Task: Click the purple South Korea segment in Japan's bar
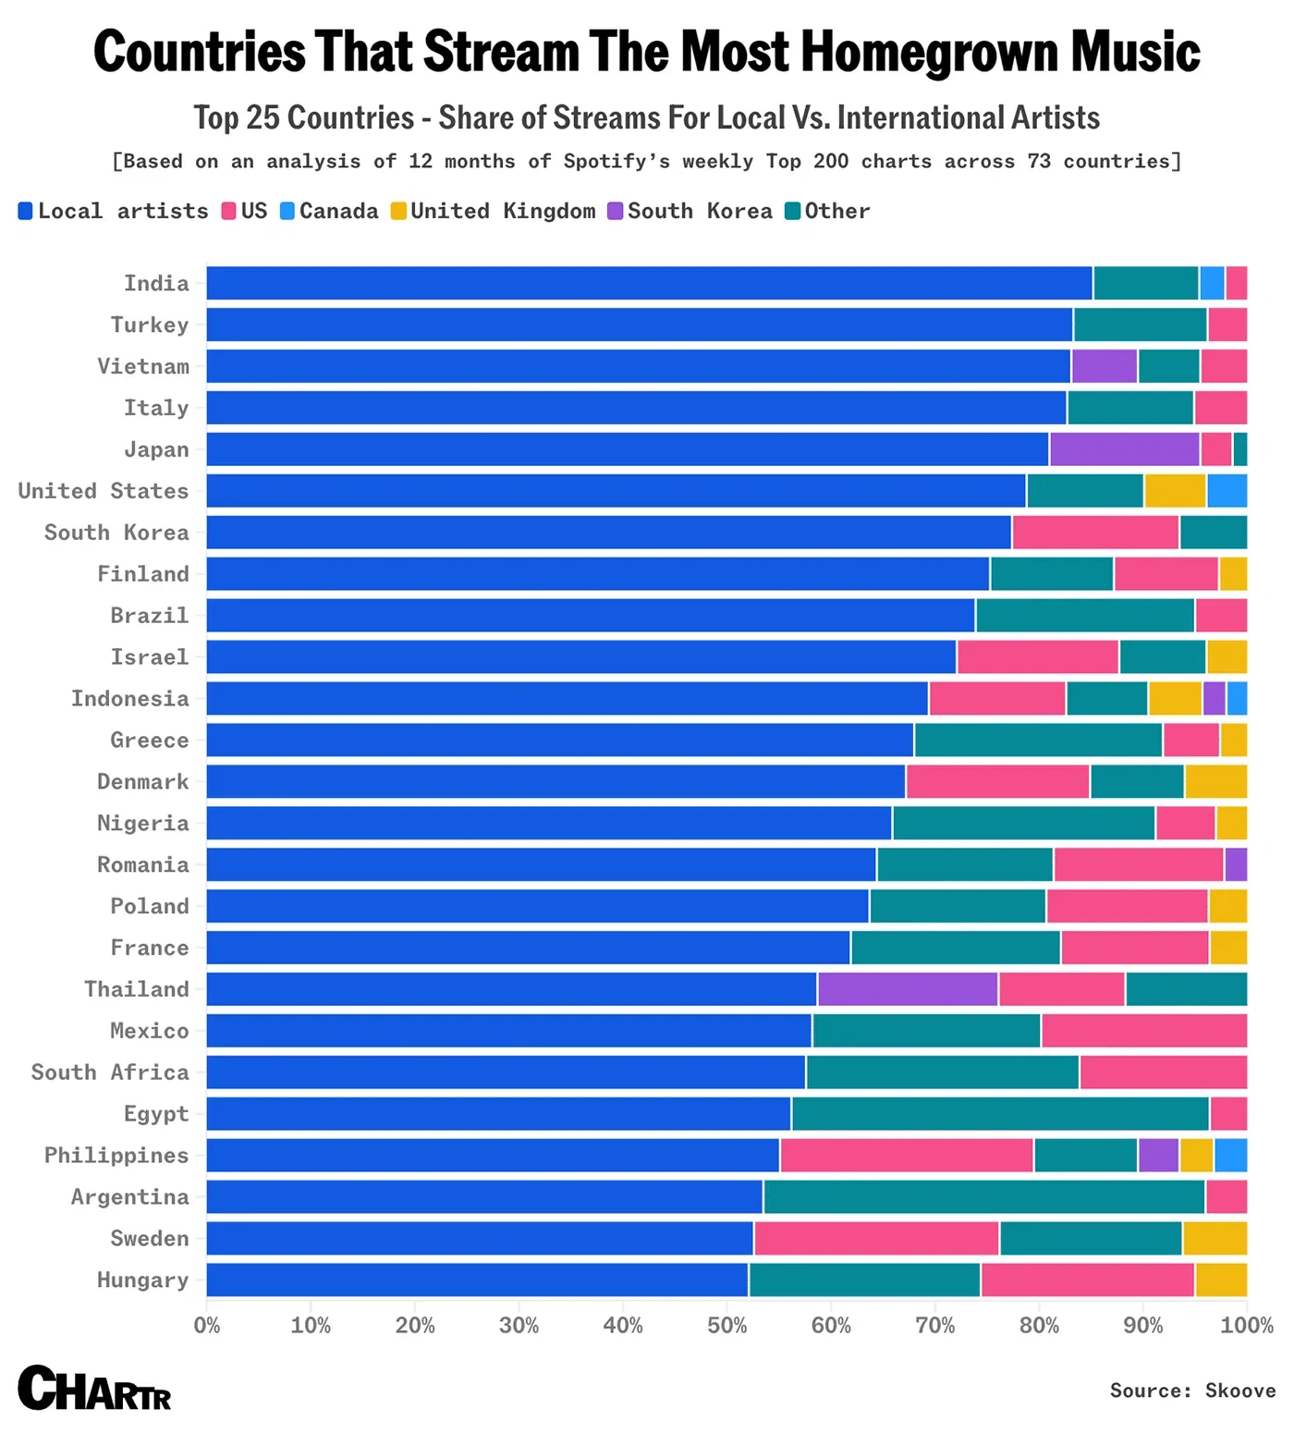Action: click(1124, 449)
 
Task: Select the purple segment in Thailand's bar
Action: click(908, 989)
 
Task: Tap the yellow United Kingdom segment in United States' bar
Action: click(1175, 491)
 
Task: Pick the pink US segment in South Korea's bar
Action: click(1095, 533)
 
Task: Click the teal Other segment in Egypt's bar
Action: click(1000, 1114)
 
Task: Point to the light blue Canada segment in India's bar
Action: click(1212, 283)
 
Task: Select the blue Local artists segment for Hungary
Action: click(477, 1280)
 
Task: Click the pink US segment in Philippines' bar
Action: click(907, 1156)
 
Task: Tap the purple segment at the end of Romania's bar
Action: click(1236, 864)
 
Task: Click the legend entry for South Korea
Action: click(690, 211)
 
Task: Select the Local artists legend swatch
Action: click(26, 211)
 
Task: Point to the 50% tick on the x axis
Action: click(726, 1326)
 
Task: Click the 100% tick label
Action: click(1246, 1326)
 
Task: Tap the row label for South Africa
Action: click(110, 1072)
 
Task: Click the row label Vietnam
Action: click(143, 366)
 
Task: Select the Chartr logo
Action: click(94, 1389)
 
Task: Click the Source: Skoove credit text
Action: click(1191, 1390)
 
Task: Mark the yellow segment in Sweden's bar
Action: click(1215, 1239)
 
